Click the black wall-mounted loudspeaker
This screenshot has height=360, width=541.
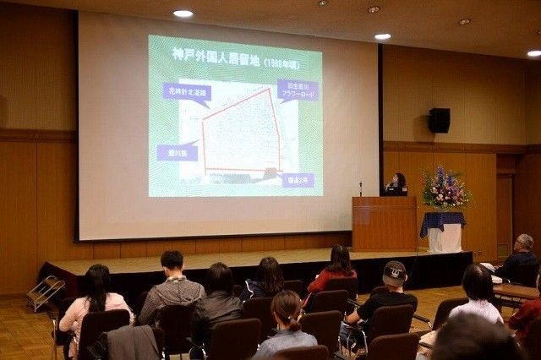[x=439, y=120]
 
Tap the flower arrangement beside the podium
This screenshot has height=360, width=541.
[x=445, y=189]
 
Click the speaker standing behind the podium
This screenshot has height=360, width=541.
[x=396, y=184]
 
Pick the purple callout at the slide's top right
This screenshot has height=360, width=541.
[x=298, y=89]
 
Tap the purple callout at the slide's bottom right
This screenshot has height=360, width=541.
[x=297, y=179]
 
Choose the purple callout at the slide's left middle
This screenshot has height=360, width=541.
[x=178, y=152]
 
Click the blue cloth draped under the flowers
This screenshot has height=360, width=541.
[x=442, y=221]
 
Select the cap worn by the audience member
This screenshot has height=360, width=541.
[x=394, y=271]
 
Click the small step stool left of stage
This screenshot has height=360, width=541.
[x=46, y=292]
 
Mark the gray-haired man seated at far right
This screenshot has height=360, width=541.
[x=519, y=257]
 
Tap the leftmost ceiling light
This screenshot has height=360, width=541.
[x=183, y=14]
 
